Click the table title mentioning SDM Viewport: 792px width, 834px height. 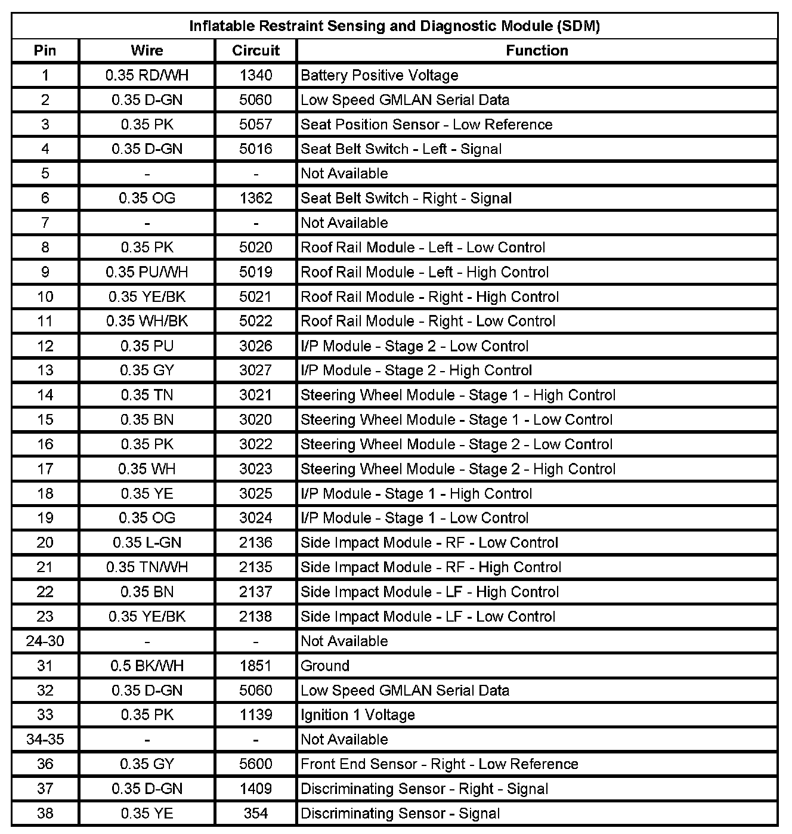coord(394,26)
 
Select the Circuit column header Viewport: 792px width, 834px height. coord(256,51)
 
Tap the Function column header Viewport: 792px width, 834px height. coord(537,51)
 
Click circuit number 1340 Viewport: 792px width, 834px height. coord(256,75)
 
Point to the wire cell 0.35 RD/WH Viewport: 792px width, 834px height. coord(147,75)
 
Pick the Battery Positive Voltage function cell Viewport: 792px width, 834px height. coord(379,75)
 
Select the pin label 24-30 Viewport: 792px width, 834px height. coord(45,641)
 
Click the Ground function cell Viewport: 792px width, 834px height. coord(325,666)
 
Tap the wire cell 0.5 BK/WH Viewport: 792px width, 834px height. coord(147,666)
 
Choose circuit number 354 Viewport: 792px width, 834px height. coord(256,814)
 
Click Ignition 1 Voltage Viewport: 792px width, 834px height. coord(357,715)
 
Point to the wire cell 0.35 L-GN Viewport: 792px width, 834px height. coord(147,543)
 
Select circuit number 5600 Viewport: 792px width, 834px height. coord(256,764)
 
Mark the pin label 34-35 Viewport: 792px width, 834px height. coord(45,740)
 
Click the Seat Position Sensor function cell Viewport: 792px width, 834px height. coord(426,125)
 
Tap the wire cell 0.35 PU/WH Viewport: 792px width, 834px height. coord(147,273)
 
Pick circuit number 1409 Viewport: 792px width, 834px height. coord(256,789)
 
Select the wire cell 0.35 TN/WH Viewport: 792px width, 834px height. coord(147,567)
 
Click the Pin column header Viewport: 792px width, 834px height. coord(45,51)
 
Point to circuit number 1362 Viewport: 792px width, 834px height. coord(256,198)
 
